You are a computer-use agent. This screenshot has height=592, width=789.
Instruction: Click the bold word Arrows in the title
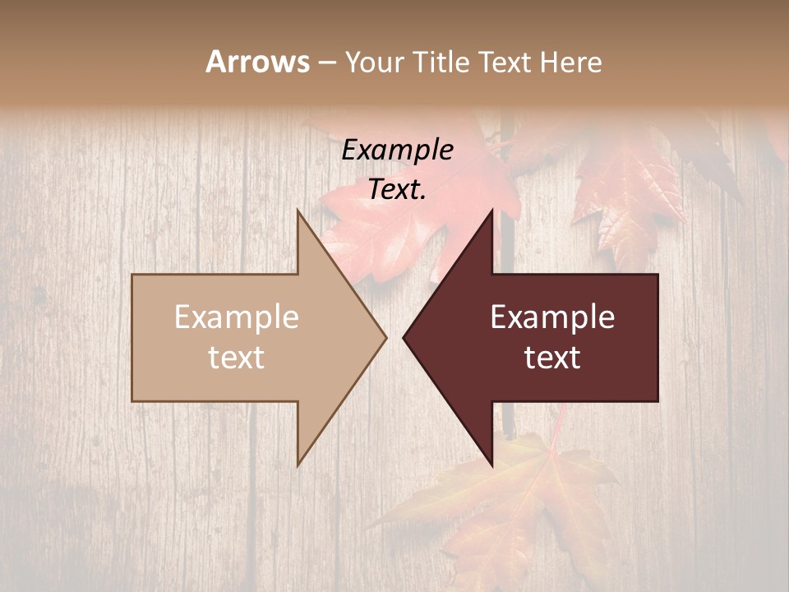(x=257, y=62)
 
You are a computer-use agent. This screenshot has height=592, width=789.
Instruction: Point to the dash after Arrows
(x=326, y=62)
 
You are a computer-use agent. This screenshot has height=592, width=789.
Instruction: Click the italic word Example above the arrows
(x=398, y=150)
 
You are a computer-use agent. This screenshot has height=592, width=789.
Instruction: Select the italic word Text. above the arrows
(x=398, y=189)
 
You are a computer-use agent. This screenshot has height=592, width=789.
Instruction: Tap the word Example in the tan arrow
(x=237, y=317)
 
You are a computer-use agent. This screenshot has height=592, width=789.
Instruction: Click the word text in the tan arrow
(x=237, y=358)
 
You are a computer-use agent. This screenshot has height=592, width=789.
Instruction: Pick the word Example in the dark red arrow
(x=552, y=317)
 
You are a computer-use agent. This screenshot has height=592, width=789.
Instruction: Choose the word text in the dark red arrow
(x=552, y=358)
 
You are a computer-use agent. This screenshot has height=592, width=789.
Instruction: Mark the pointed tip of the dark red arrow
(x=404, y=337)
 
